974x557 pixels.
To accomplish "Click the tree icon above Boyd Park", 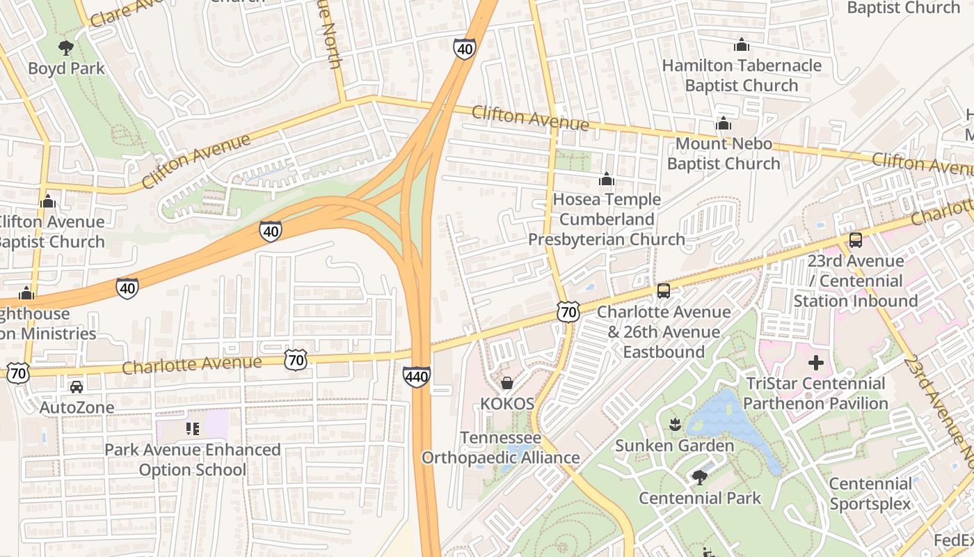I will coord(66,48).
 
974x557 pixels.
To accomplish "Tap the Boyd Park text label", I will coord(66,68).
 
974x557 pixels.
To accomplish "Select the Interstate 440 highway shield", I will coord(416,377).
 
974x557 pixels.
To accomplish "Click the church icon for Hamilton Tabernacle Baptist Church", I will coord(742,45).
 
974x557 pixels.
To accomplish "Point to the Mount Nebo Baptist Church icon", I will coord(724,123).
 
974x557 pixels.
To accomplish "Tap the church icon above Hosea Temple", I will coord(607,179).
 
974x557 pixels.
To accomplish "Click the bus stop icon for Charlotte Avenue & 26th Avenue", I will coord(664,291).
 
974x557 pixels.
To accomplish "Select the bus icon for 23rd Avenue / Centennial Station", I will coord(856,240).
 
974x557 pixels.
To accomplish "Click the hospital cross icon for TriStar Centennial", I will coord(816,363).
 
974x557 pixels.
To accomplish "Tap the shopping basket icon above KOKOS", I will coord(507,383).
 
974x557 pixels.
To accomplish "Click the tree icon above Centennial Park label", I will coord(699,477).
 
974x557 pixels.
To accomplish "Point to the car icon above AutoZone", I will coord(77,386).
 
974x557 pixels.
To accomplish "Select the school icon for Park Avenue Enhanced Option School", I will coord(193,429).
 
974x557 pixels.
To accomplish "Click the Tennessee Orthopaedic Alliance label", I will coord(501,448).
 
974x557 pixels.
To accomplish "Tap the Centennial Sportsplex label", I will coord(870,494).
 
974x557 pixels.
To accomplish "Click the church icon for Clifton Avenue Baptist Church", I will coord(48,201).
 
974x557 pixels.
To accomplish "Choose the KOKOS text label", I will coord(507,404).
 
